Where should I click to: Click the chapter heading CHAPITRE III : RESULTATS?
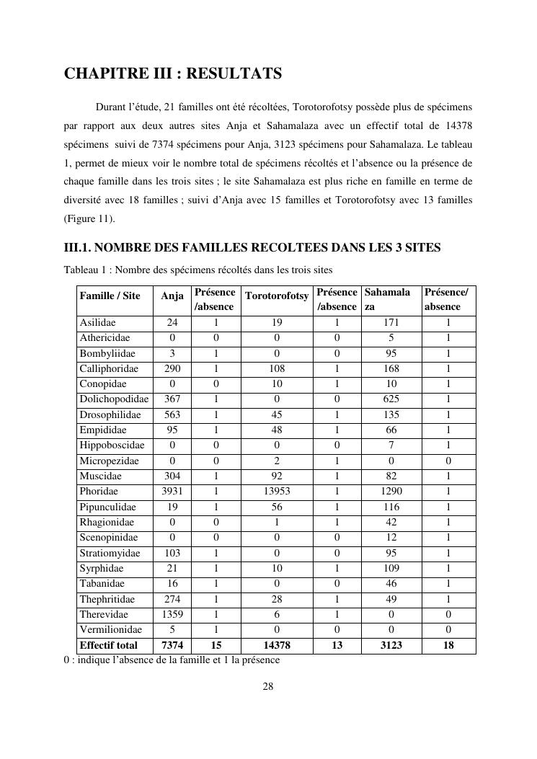(173, 74)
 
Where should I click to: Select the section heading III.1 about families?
(252, 248)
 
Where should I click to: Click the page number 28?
(267, 686)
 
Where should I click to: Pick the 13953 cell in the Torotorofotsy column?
(277, 492)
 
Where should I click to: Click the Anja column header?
(172, 296)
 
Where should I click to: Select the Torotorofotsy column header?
(277, 296)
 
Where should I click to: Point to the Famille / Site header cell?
(110, 296)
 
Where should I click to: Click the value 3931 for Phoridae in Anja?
(172, 492)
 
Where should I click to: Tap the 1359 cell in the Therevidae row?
(172, 615)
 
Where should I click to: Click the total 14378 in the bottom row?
(277, 645)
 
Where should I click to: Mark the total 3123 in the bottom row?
(391, 645)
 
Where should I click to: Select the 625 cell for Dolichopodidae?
(391, 399)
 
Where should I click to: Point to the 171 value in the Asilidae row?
(391, 323)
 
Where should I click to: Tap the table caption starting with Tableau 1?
(198, 270)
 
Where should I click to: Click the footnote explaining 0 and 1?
(172, 660)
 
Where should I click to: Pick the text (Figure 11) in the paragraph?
(89, 218)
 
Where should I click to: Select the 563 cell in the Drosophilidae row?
(172, 414)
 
